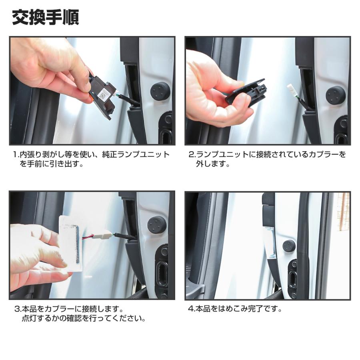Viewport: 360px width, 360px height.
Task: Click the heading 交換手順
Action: (45, 17)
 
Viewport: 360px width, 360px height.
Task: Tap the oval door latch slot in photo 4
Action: (292, 276)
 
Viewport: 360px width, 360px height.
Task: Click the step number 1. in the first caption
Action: (16, 154)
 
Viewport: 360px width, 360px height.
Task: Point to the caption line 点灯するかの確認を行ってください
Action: (83, 319)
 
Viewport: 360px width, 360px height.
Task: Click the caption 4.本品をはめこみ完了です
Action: (235, 309)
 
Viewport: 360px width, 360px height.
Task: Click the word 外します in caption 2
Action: (212, 164)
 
